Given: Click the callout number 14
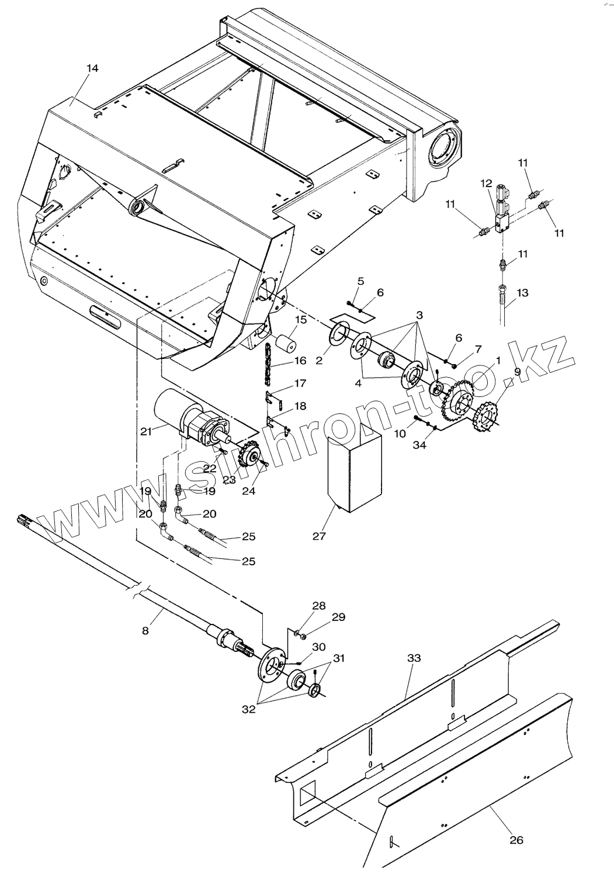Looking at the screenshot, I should [92, 68].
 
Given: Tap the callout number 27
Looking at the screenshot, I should [319, 536].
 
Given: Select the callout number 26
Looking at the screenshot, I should [516, 840].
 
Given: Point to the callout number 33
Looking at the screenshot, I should [414, 658].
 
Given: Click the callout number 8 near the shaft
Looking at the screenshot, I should [145, 630].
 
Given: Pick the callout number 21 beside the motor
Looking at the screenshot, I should [146, 431].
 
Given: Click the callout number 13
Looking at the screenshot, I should [522, 292].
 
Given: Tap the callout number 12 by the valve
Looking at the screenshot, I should [486, 183].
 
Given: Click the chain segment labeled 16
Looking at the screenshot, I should [269, 362].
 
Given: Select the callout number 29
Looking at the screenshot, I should [338, 617].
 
